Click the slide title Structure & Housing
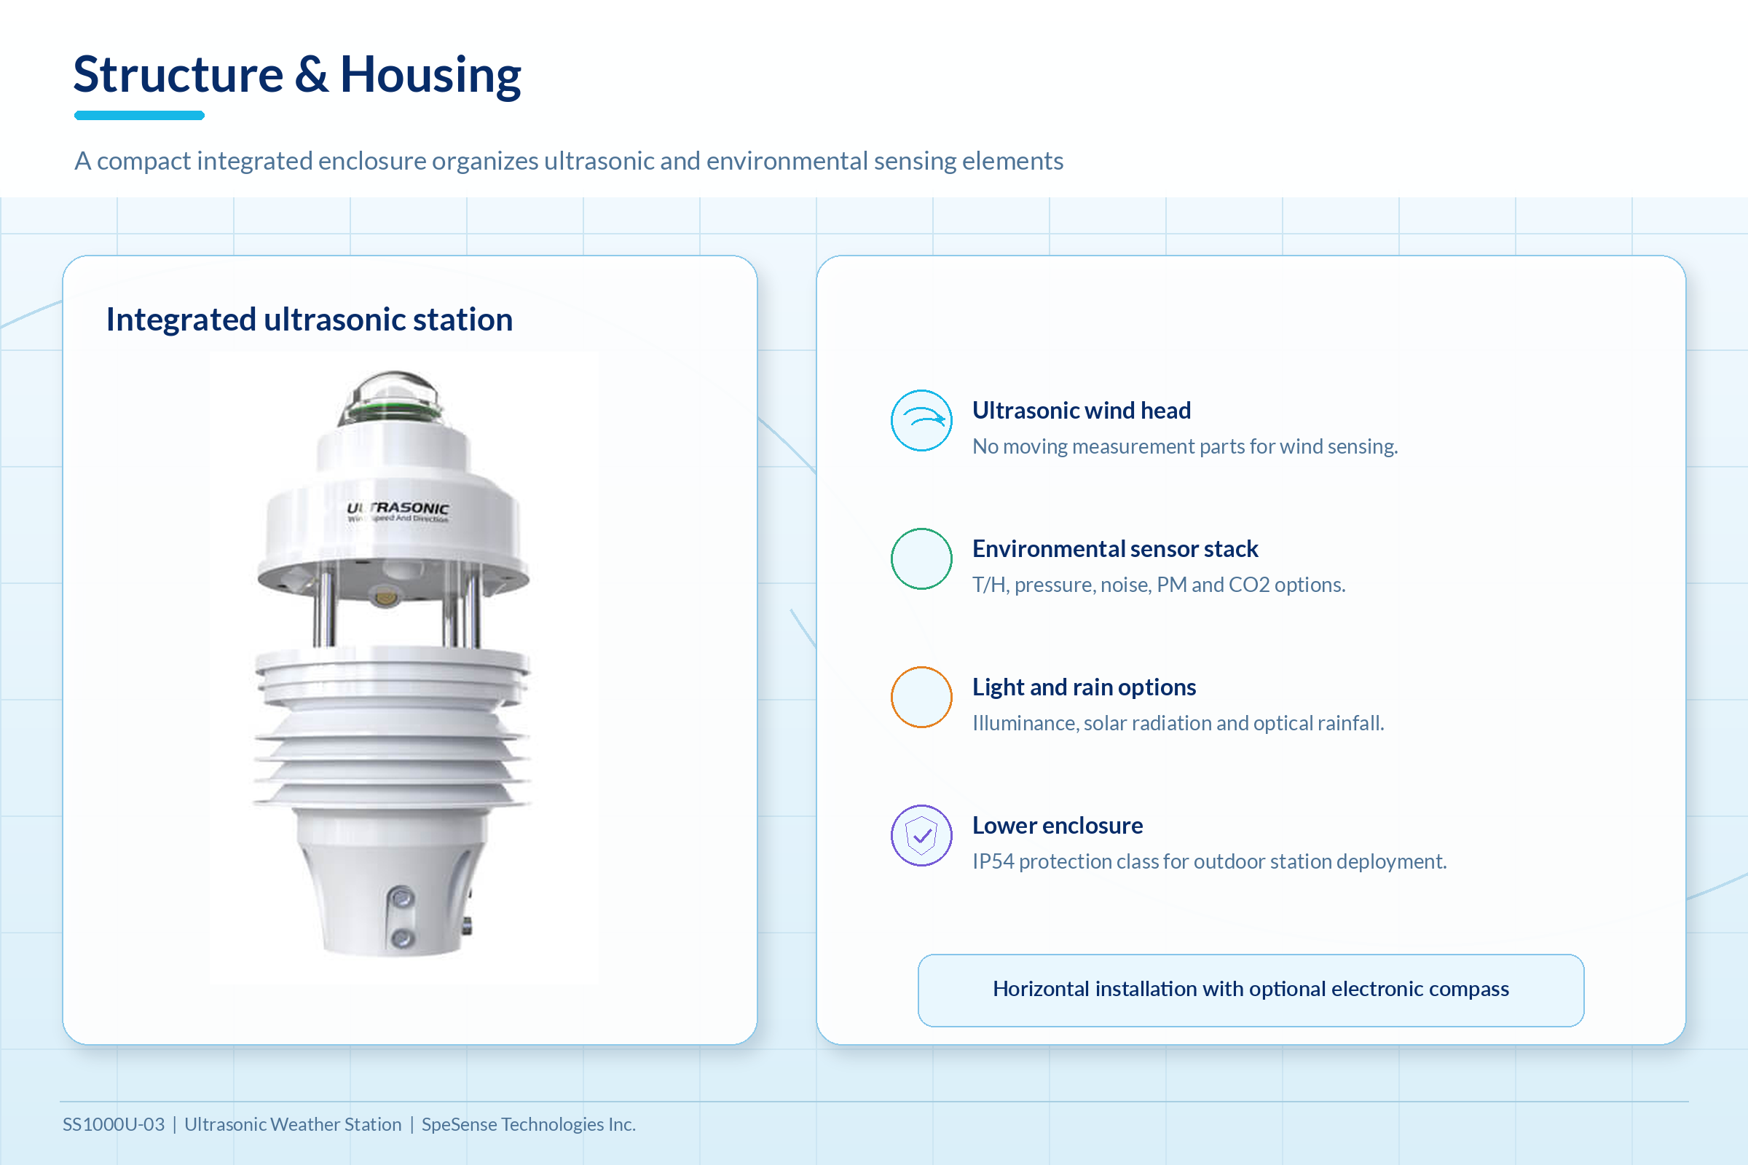click(x=297, y=74)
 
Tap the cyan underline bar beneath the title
click(x=139, y=115)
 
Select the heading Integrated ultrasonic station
click(x=309, y=320)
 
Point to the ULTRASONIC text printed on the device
click(x=398, y=508)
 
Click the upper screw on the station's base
click(x=402, y=899)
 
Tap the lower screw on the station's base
click(x=402, y=939)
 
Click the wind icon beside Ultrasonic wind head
click(x=921, y=421)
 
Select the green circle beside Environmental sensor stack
click(x=921, y=558)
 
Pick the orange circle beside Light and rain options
click(x=921, y=697)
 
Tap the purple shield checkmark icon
click(x=921, y=835)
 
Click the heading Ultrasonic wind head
click(x=1082, y=410)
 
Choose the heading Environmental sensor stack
click(x=1115, y=548)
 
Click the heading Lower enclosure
click(x=1058, y=825)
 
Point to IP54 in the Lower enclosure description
click(x=993, y=861)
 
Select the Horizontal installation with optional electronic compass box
click(x=1251, y=990)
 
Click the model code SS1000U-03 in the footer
click(x=114, y=1124)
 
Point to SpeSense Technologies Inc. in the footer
click(x=529, y=1124)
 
